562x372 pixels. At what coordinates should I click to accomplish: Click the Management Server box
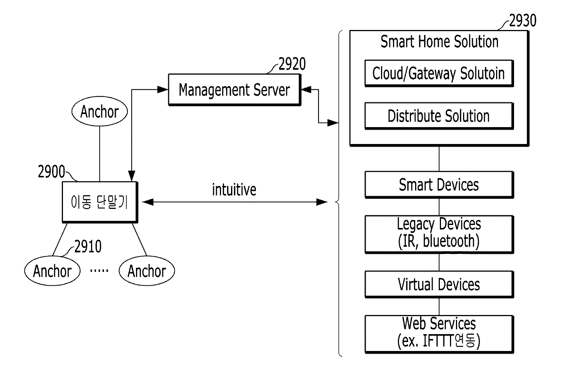[x=234, y=90]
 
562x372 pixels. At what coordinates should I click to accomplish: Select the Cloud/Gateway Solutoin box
[x=439, y=73]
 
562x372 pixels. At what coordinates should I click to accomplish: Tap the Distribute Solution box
[x=439, y=116]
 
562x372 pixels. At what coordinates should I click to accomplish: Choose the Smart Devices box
[x=439, y=185]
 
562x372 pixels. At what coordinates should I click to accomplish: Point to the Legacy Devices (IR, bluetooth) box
[x=439, y=234]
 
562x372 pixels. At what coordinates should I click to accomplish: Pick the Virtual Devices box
[x=439, y=285]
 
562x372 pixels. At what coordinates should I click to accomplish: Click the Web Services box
[x=439, y=334]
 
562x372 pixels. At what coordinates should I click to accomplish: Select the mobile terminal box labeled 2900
[x=100, y=202]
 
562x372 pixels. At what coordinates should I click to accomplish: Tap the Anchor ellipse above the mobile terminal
[x=100, y=111]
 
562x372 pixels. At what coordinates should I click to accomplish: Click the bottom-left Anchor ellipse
[x=52, y=271]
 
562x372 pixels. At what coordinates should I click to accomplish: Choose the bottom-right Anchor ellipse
[x=146, y=271]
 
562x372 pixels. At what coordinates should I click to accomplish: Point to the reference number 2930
[x=522, y=21]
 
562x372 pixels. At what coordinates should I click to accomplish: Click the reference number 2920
[x=292, y=64]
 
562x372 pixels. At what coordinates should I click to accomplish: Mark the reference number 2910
[x=88, y=247]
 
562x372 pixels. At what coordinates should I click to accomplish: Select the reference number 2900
[x=51, y=172]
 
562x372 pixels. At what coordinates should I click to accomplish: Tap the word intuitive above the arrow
[x=234, y=190]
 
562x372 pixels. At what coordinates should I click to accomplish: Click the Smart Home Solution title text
[x=439, y=42]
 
